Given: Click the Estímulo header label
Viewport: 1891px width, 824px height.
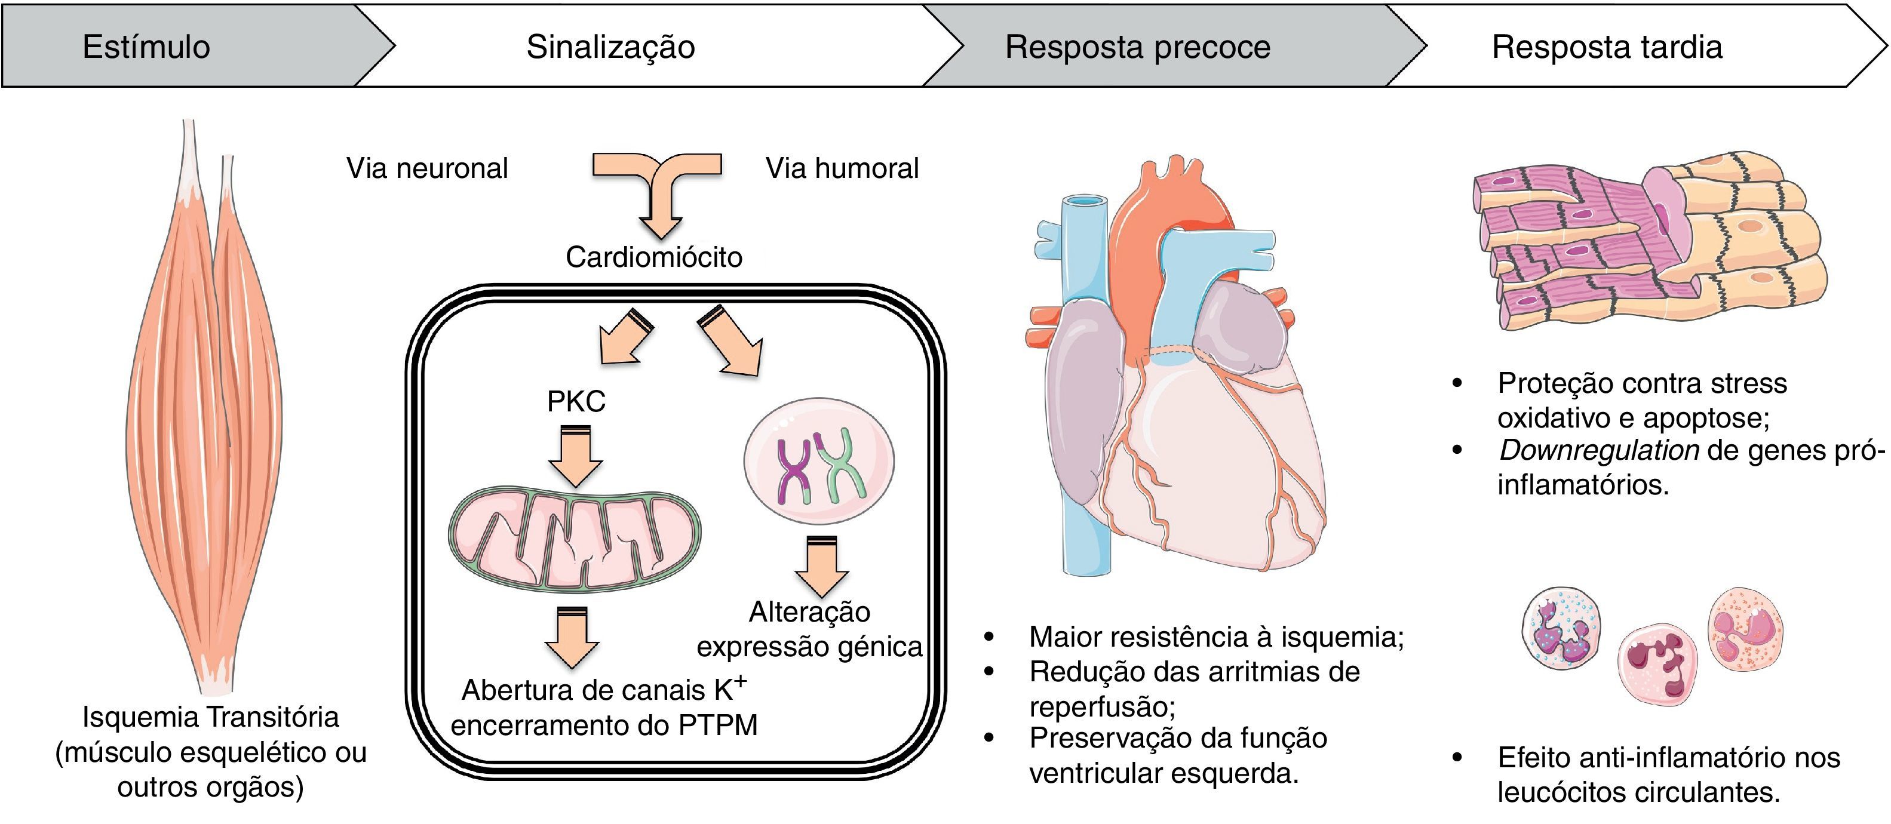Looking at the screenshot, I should [146, 47].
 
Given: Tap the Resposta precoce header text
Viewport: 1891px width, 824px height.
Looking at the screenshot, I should [1137, 47].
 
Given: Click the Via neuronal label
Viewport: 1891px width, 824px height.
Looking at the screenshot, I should [426, 168].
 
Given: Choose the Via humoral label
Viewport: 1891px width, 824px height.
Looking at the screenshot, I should [842, 168].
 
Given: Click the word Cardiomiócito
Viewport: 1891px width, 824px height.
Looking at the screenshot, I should [653, 257].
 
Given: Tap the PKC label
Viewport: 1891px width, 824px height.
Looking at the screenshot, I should [576, 401].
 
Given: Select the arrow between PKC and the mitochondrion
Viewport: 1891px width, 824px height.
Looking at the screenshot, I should [576, 459].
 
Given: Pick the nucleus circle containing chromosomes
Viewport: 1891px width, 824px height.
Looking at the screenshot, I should [818, 461].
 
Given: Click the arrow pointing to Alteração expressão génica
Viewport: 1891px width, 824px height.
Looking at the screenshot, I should [821, 567].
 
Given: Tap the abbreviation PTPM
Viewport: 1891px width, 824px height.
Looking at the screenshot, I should [717, 725].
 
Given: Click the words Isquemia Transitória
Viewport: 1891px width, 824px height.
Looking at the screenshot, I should [211, 717].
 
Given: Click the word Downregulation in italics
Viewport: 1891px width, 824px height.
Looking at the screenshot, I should [1598, 450].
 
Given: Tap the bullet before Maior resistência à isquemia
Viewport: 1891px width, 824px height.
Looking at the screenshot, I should [989, 637].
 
